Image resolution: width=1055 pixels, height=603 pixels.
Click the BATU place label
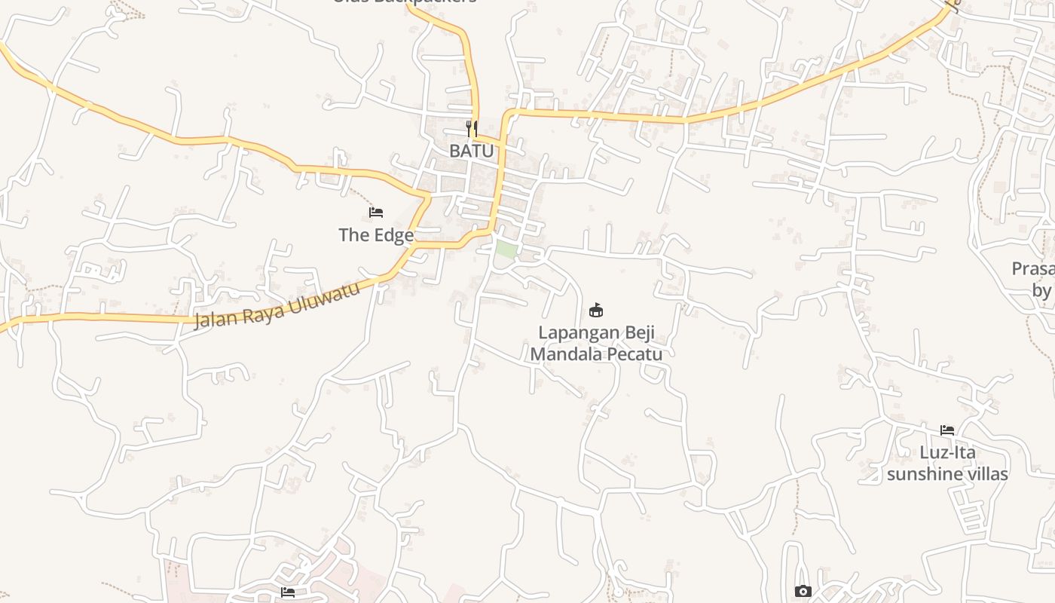(x=472, y=151)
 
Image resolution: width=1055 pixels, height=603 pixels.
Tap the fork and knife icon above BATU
(x=472, y=128)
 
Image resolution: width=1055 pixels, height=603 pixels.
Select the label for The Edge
(x=376, y=235)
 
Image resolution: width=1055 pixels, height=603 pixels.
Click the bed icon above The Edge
(x=376, y=213)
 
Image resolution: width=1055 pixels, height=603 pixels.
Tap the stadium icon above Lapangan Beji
(x=596, y=310)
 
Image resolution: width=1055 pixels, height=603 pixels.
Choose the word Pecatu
(x=635, y=354)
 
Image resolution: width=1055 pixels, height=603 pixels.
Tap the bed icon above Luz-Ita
(x=947, y=430)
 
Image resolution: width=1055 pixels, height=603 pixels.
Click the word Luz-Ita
(x=947, y=452)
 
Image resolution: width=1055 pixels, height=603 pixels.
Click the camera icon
(x=803, y=592)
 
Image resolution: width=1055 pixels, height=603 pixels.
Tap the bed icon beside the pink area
(x=288, y=592)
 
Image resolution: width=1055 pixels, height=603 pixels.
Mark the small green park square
(x=506, y=249)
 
